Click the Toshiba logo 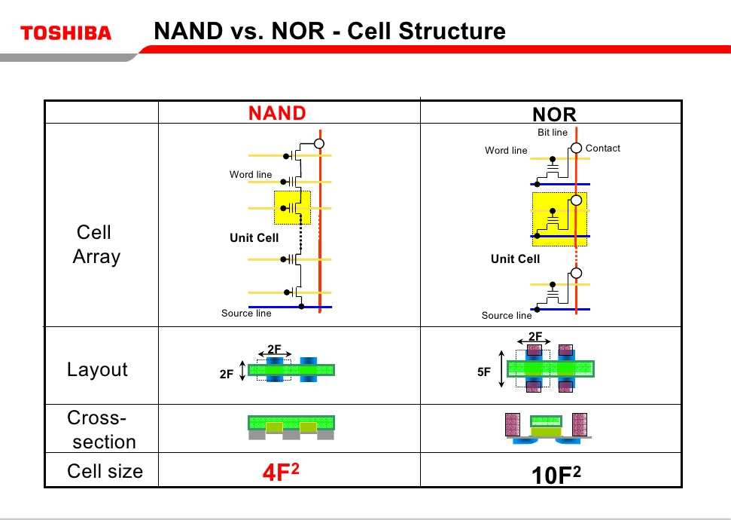[x=66, y=33]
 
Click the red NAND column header [x=277, y=113]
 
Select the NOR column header [x=554, y=115]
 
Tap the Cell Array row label [x=96, y=244]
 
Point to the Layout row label [x=97, y=369]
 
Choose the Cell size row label [x=105, y=471]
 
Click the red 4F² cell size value [x=281, y=473]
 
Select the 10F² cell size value [x=556, y=474]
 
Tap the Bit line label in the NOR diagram [x=553, y=133]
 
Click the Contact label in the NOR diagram [x=602, y=148]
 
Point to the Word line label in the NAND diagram [x=251, y=175]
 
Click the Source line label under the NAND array [x=246, y=314]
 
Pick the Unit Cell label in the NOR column [x=515, y=259]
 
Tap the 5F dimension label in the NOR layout [x=484, y=372]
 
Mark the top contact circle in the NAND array [x=319, y=143]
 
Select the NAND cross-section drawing [x=291, y=427]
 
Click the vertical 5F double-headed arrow [x=501, y=369]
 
